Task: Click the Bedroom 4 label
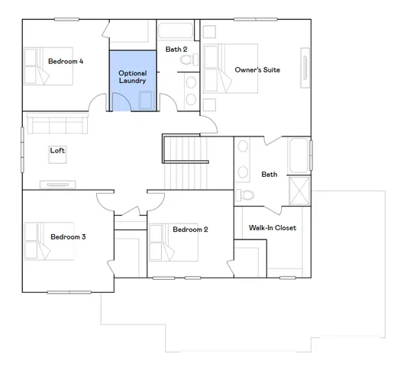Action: coord(66,61)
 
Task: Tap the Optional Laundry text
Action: coord(132,77)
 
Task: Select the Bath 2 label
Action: coord(176,50)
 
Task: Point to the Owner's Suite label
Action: coord(257,70)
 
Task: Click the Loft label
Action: coord(58,150)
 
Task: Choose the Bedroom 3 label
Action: coord(68,237)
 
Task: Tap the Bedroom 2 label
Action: coord(190,229)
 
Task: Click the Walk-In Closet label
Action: coord(273,228)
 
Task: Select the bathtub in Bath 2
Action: coord(176,33)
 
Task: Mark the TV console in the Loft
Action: coord(58,184)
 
